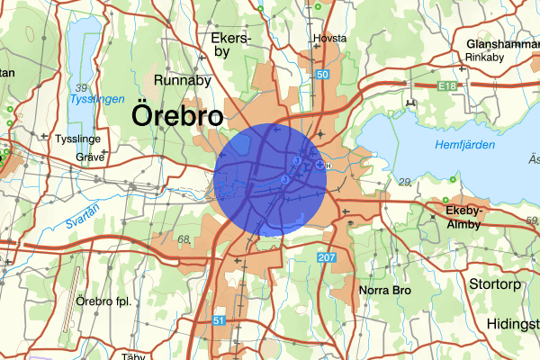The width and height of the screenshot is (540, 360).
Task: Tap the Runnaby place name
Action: coord(184,81)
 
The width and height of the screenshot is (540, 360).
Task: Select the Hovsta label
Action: coord(329,39)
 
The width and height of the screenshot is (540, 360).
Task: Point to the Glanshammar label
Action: coord(501,43)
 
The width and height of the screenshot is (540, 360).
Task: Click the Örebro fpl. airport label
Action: coord(104,301)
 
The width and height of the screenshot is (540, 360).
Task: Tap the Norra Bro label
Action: coord(384,291)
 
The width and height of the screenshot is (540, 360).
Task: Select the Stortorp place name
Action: coord(496,283)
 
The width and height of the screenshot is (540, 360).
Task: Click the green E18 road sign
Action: coord(444,85)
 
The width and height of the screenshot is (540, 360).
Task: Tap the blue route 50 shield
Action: coord(321,75)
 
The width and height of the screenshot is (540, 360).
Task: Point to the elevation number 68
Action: coord(184,239)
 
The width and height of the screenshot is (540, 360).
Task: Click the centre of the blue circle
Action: coord(270,181)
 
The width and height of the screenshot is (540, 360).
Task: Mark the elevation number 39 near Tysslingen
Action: coord(82,87)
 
